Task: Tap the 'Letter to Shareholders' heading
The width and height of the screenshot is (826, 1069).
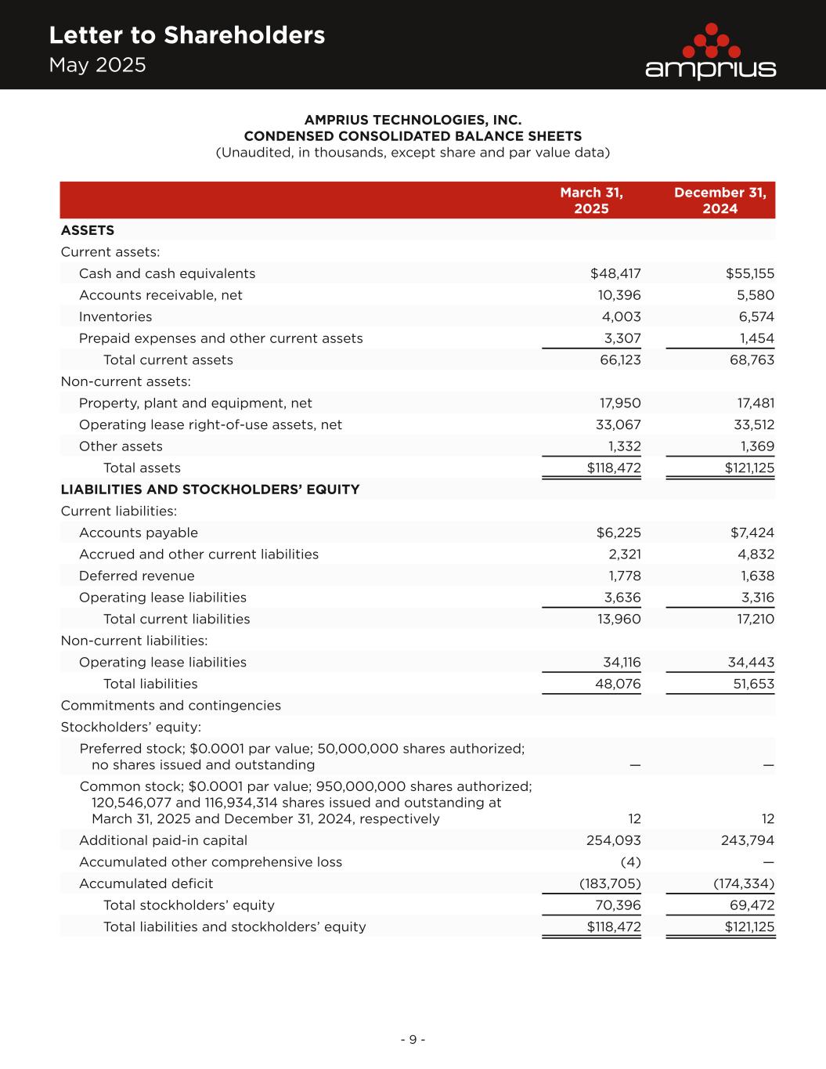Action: (186, 35)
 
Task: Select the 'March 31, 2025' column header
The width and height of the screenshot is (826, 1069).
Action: (591, 200)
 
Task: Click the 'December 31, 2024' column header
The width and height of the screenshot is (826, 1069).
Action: (720, 200)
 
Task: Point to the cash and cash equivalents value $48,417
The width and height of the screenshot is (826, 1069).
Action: (615, 273)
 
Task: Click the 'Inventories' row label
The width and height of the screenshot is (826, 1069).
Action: (115, 317)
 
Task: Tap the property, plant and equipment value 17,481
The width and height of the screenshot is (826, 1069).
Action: (752, 403)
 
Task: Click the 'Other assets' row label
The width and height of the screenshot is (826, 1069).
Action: (121, 446)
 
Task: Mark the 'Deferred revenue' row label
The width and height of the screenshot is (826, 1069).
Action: (136, 576)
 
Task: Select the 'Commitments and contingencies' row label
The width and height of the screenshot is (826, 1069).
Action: (171, 706)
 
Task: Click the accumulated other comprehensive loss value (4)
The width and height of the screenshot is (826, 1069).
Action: (630, 862)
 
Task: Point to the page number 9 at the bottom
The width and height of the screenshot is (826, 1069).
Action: (413, 1040)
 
